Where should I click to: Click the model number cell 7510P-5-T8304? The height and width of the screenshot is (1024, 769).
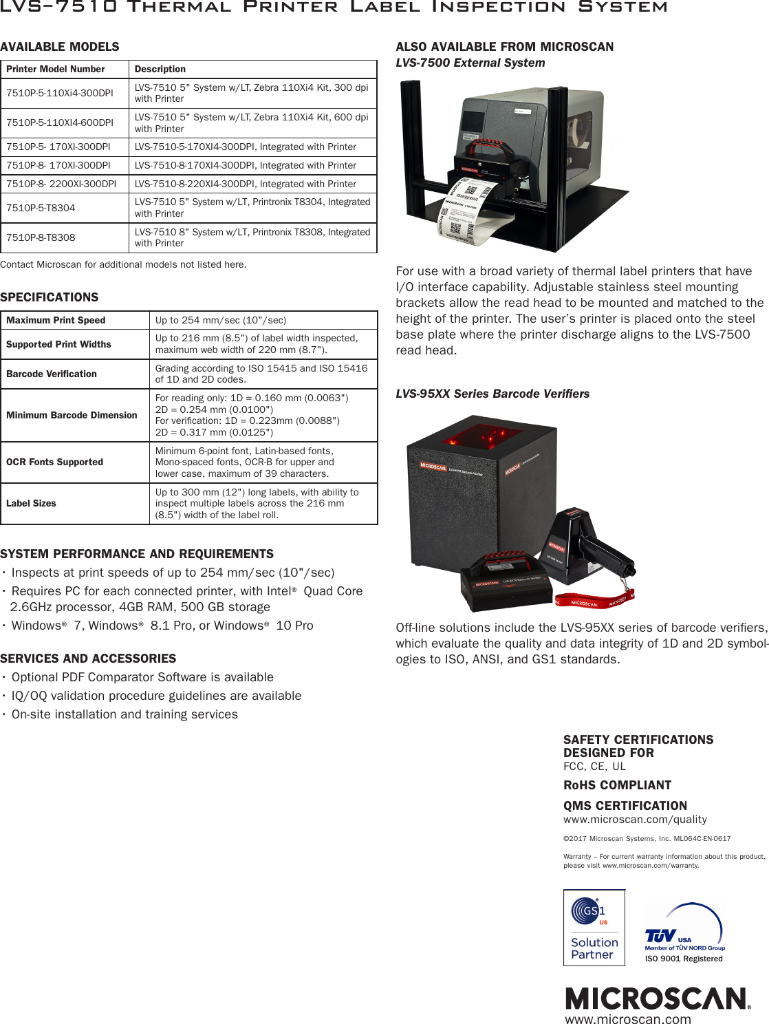tap(41, 208)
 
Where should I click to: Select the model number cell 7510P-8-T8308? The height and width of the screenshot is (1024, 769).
tap(41, 237)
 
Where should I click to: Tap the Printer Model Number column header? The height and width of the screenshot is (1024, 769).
tap(56, 69)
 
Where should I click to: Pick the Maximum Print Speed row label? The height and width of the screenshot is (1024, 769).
tap(56, 320)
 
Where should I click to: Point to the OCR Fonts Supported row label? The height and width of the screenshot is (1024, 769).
tap(54, 462)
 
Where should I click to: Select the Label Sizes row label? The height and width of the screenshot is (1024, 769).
tap(31, 503)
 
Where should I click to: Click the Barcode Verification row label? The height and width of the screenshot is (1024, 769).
tap(52, 374)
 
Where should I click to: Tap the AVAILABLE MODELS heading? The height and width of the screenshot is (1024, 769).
tap(60, 47)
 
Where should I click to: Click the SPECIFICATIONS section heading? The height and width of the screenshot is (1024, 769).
tap(50, 297)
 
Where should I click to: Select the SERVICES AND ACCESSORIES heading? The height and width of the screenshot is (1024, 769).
tap(88, 659)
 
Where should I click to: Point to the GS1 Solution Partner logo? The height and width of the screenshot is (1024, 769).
tap(594, 928)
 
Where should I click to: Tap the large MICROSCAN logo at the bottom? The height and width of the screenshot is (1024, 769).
tap(658, 999)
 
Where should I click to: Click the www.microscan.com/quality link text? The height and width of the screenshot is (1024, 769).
tap(635, 820)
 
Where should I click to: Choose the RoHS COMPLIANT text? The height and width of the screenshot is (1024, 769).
tap(617, 785)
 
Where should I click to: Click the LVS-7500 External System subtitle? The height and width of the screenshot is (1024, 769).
tap(470, 63)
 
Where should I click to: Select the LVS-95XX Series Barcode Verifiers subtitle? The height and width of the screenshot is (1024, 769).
tap(492, 394)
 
